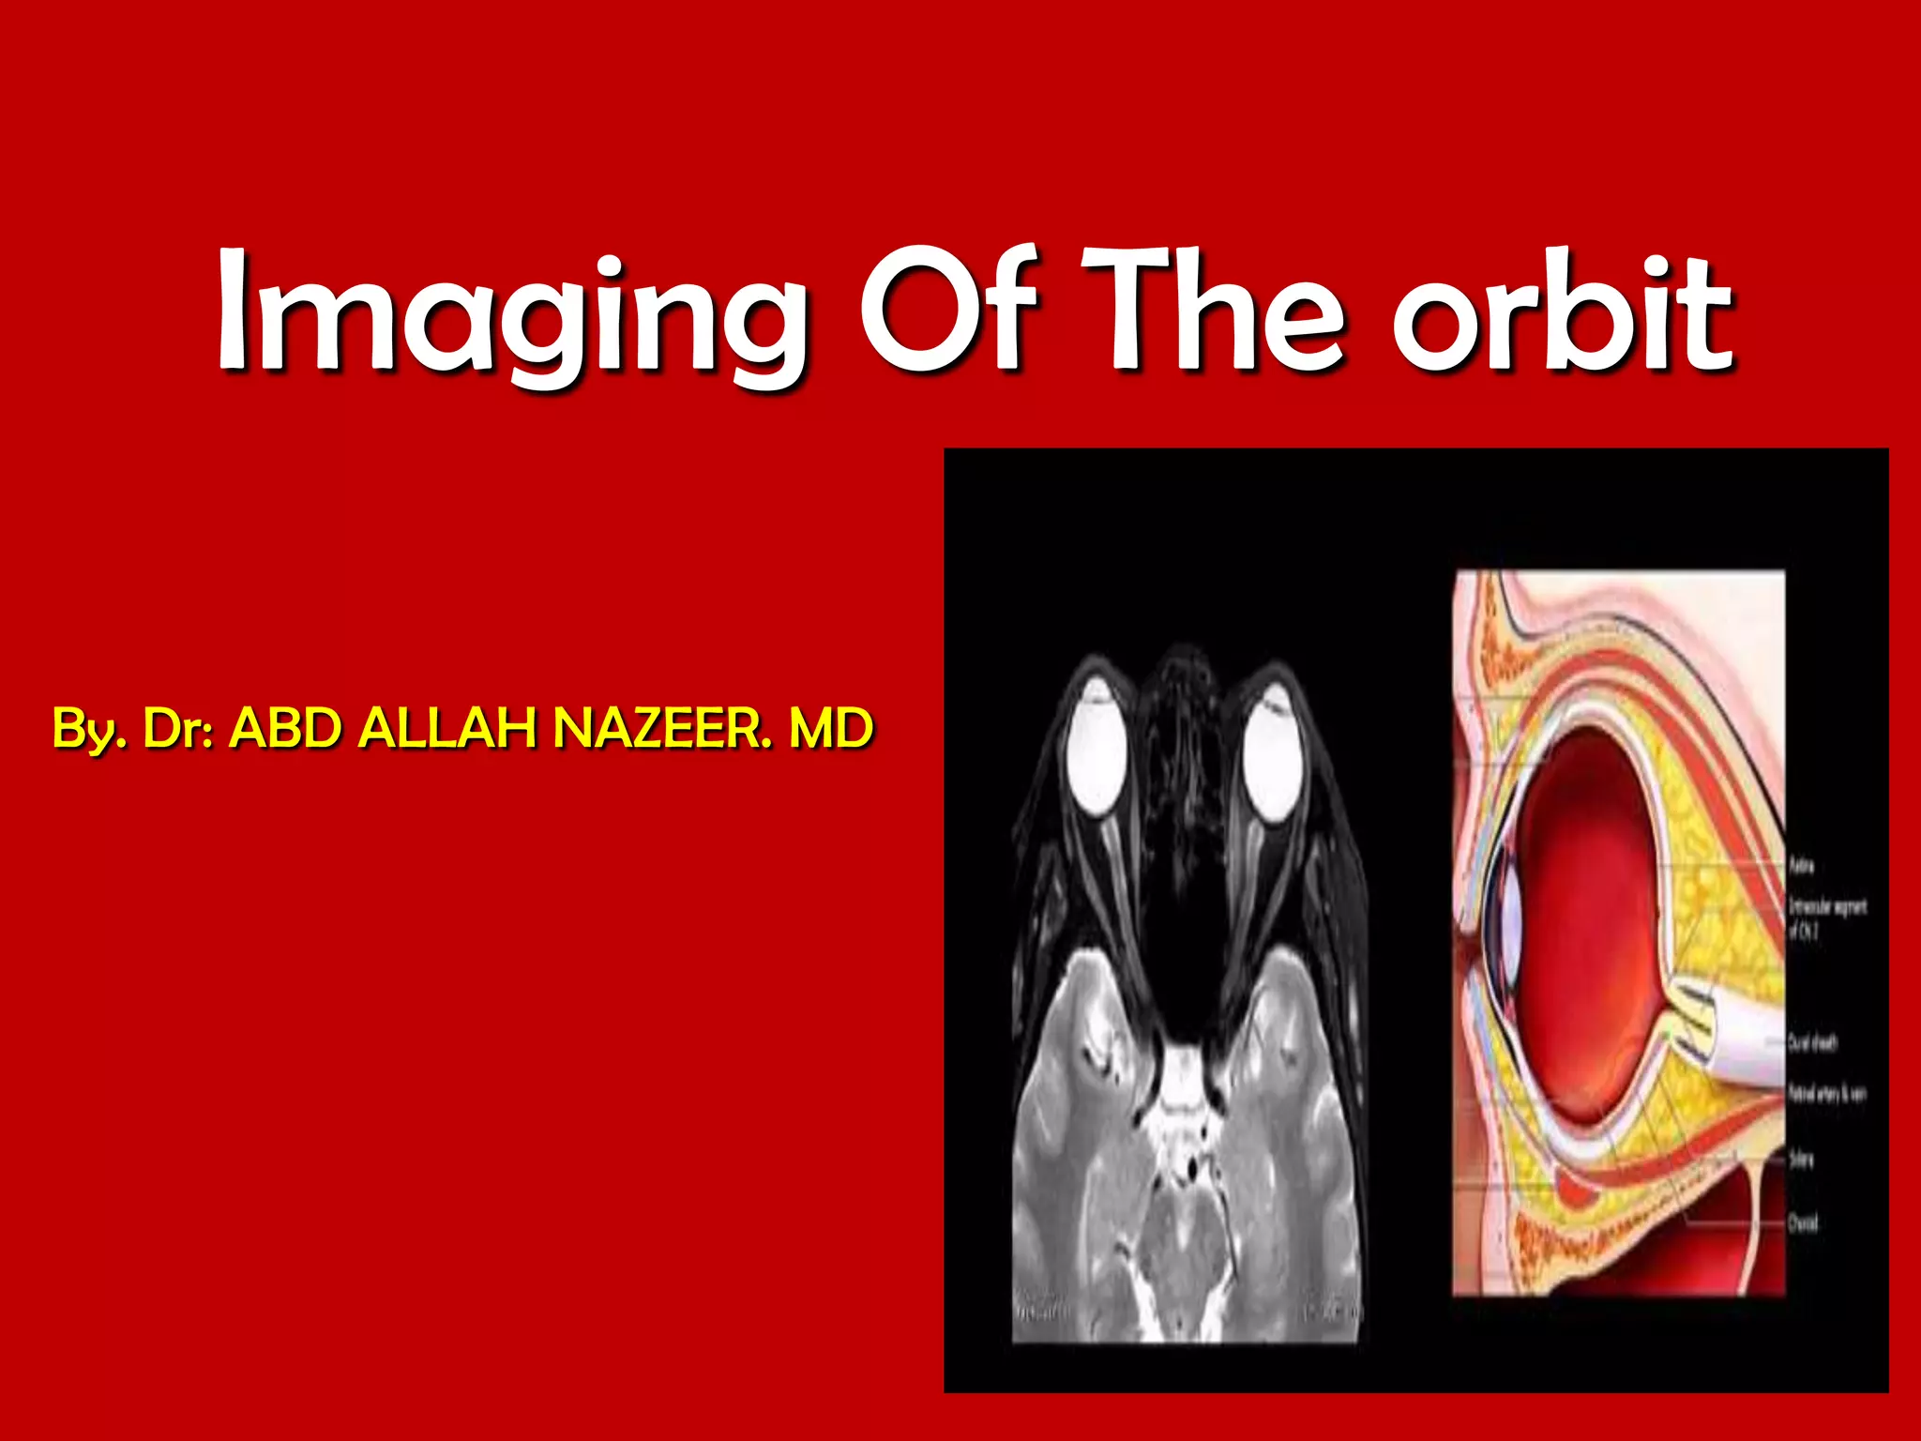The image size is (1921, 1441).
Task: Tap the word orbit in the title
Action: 1562,314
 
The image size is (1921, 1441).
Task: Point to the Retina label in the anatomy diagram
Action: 1802,864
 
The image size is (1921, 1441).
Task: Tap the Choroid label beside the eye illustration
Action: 1803,1222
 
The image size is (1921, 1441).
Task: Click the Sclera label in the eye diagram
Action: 1801,1160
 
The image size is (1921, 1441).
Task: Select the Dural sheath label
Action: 1812,1042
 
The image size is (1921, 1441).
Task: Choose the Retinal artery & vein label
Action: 1826,1094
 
